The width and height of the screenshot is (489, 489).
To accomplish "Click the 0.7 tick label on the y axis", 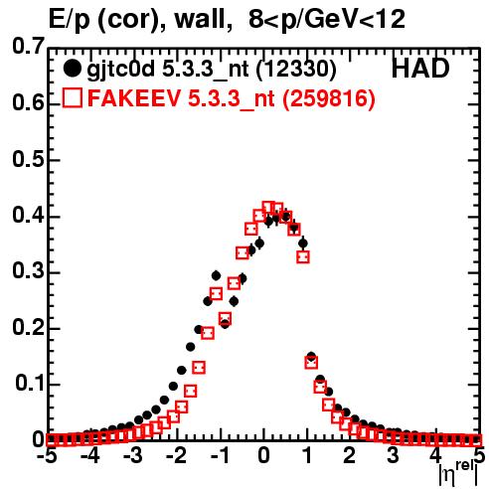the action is (28, 46).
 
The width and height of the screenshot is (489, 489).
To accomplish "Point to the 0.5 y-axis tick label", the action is (28, 159).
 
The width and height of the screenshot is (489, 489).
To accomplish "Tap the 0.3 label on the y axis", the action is (28, 270).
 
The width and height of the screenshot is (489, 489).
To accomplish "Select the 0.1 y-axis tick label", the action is (30, 383).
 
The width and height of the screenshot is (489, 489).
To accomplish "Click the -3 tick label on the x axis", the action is (132, 455).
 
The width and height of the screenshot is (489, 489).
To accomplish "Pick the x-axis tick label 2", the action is (350, 455).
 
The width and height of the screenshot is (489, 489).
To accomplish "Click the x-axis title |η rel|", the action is (459, 475).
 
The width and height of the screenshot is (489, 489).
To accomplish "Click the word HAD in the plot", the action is (420, 69).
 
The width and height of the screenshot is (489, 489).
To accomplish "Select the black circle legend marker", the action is (72, 69).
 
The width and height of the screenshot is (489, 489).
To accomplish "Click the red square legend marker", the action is (72, 97).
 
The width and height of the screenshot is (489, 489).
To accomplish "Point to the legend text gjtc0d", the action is (121, 71).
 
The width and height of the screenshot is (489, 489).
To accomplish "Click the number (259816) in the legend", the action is (328, 98).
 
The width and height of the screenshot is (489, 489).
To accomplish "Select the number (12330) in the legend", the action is (296, 70).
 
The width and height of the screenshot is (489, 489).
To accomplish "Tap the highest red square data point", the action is (268, 208).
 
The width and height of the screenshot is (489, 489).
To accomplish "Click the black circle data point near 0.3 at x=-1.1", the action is (216, 275).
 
